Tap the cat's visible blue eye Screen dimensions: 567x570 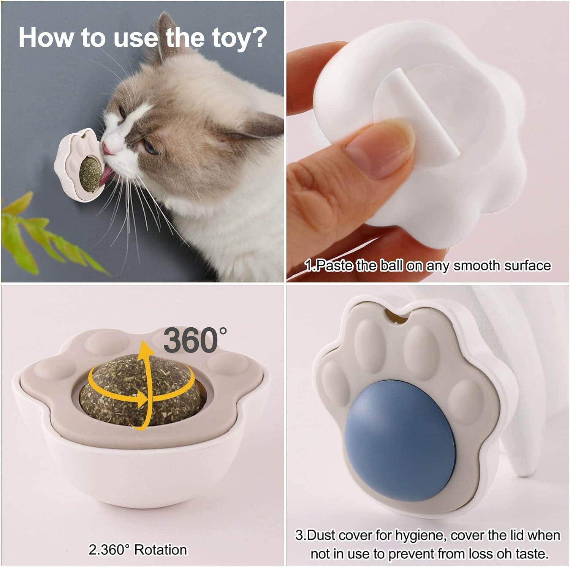coord(151,147)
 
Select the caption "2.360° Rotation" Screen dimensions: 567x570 coord(138,550)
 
